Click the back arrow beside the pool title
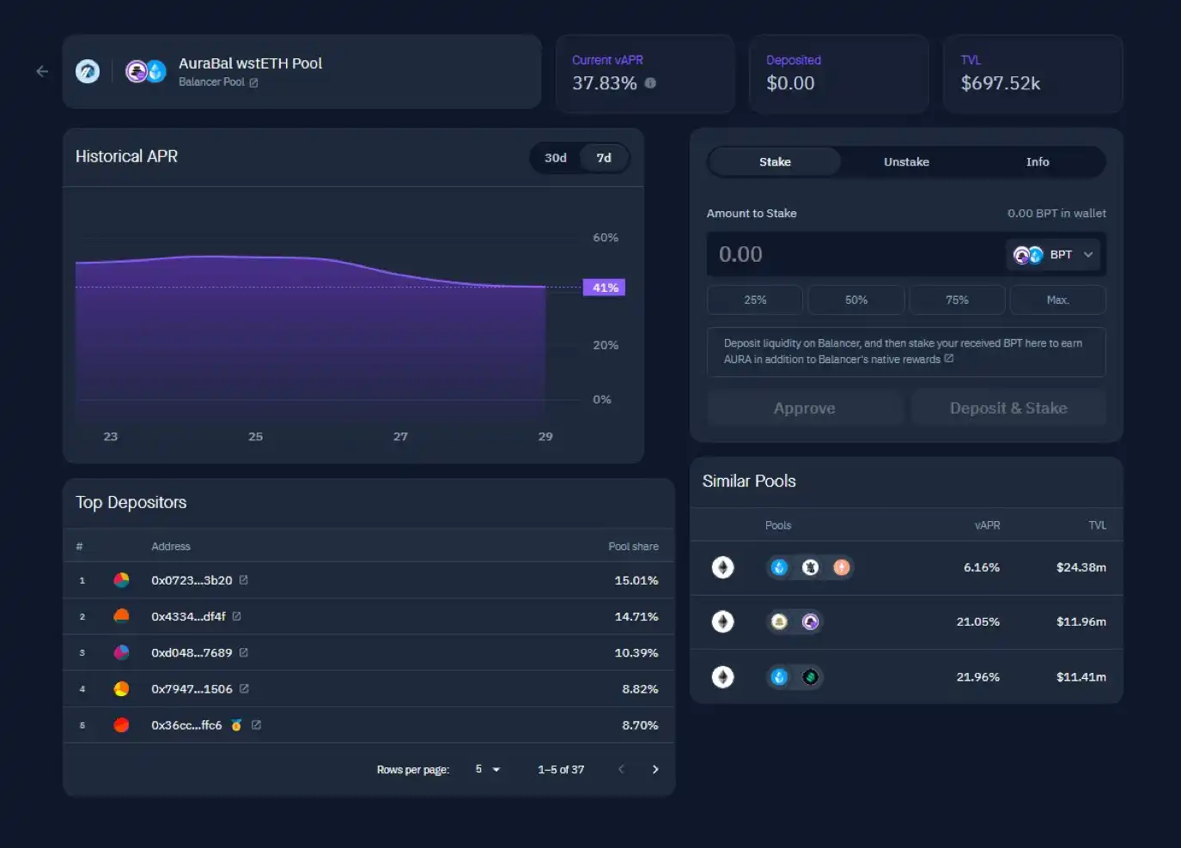pos(42,71)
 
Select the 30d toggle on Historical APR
pos(556,158)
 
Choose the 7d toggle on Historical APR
pos(604,158)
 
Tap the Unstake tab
pos(906,162)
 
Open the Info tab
pos(1038,162)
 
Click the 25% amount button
pos(755,300)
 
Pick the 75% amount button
pos(957,300)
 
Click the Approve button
pos(804,409)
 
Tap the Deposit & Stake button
pos(1008,409)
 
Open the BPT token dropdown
pos(1054,255)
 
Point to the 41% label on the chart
pos(605,288)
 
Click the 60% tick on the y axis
pos(606,238)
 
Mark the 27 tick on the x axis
pos(400,437)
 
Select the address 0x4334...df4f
pos(188,616)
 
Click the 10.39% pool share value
pos(636,653)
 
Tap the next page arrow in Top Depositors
pos(655,769)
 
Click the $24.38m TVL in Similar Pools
pos(1081,567)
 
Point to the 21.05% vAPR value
pos(977,622)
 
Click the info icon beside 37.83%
pos(650,83)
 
